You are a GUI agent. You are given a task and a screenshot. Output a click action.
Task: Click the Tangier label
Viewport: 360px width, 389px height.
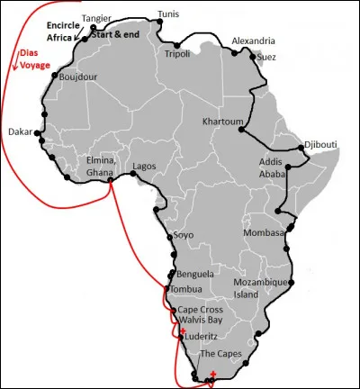coord(96,18)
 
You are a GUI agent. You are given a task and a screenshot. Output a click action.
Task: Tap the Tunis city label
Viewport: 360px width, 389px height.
coord(167,14)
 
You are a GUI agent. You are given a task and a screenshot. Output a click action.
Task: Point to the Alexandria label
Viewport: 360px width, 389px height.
coord(251,41)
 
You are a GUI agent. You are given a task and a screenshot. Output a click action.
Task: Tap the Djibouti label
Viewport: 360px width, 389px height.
coord(322,144)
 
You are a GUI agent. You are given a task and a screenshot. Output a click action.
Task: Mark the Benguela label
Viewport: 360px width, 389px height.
coord(196,273)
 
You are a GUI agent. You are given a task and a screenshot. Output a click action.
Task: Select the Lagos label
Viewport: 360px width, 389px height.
coord(145,167)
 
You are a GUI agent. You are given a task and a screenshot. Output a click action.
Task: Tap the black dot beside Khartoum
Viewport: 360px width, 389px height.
coord(241,131)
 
